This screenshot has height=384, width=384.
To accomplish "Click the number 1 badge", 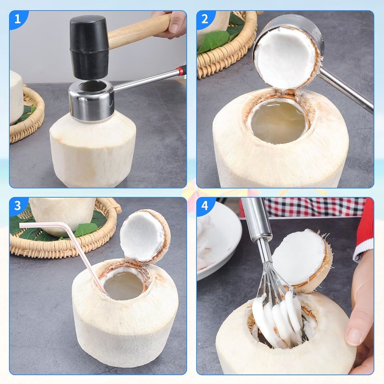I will (x=17, y=19).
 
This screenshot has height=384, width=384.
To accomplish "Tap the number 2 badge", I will (x=204, y=19).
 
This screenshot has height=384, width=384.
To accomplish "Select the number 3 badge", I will (x=17, y=206).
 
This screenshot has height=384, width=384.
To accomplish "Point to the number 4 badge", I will (x=205, y=206).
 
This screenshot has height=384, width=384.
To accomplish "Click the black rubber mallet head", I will (x=89, y=47).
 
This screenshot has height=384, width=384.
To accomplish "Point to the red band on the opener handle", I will (x=181, y=71).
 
